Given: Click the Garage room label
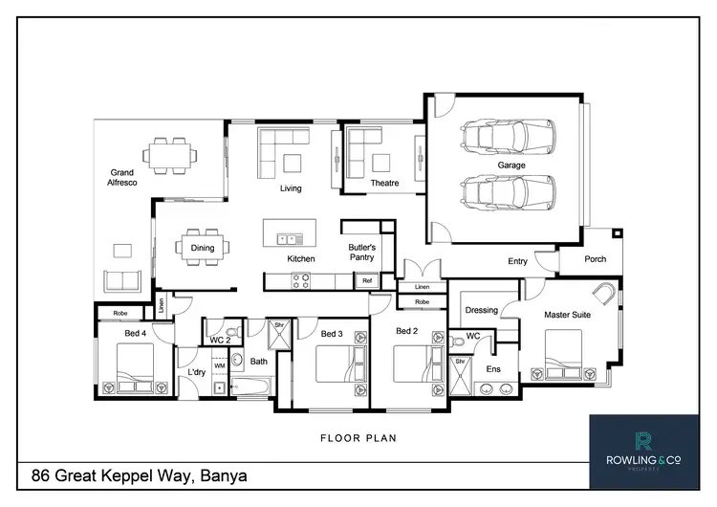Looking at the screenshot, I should [x=511, y=165].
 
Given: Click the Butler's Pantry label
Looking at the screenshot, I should [x=361, y=253].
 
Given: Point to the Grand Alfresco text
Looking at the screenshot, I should [x=124, y=179].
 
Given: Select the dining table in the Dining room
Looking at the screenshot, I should [x=203, y=247].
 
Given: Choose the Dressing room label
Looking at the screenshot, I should [x=481, y=310].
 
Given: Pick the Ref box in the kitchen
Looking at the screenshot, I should [x=366, y=280].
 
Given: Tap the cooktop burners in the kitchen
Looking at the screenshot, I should [x=301, y=280].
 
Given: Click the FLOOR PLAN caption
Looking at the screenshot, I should [x=358, y=438].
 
